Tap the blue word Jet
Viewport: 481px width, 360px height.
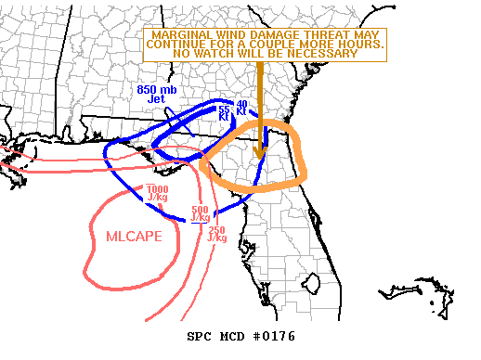click(x=156, y=98)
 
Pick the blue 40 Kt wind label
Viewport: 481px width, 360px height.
click(x=241, y=108)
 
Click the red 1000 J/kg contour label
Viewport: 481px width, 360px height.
click(x=158, y=193)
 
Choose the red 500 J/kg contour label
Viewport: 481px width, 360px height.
click(x=200, y=213)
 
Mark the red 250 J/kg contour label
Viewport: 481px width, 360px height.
click(x=217, y=234)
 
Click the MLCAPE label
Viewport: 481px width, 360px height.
click(x=133, y=237)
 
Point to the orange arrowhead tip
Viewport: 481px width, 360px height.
click(x=261, y=156)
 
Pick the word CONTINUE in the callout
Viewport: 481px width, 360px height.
click(x=178, y=44)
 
